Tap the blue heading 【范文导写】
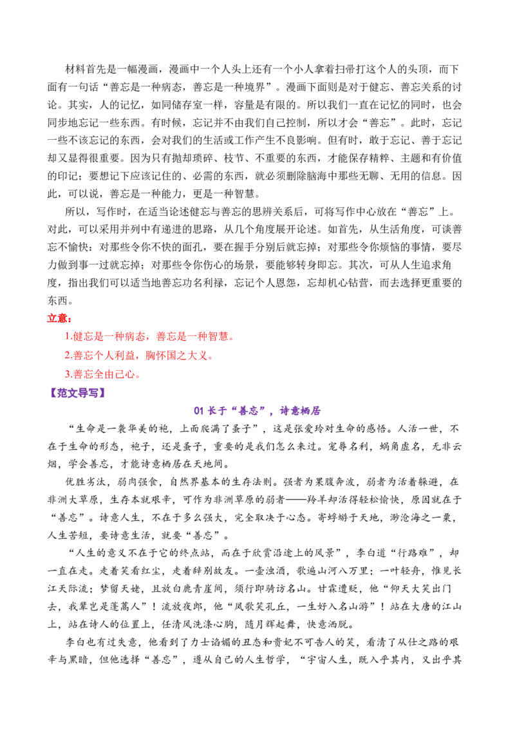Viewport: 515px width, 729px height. click(78, 393)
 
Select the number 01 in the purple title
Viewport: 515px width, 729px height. click(199, 410)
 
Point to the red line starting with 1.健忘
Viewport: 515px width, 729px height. click(149, 336)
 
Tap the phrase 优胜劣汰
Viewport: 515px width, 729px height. click(86, 482)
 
